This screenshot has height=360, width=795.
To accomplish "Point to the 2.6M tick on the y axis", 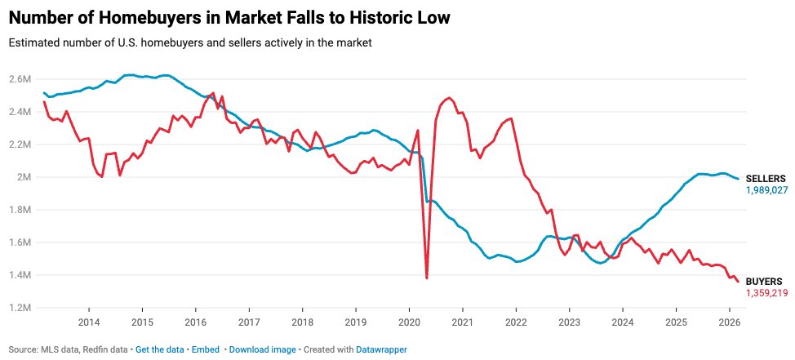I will click(20, 79).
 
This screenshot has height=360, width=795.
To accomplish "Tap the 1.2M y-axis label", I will click(20, 308).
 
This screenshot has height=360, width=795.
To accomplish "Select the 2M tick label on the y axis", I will click(24, 177).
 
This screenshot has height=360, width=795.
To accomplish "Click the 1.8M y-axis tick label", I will click(20, 210).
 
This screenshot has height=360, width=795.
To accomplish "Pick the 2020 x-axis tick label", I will click(409, 322).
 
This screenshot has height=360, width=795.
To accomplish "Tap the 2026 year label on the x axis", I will click(729, 322).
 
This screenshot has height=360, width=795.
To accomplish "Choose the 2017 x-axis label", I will click(249, 322).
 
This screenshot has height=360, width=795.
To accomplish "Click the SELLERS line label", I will click(766, 178).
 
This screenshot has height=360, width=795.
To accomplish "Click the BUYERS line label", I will click(763, 281).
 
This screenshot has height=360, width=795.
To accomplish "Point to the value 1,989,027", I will click(766, 189).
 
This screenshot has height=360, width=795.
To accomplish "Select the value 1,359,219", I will click(766, 292).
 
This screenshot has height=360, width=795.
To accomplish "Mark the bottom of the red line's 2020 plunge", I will click(427, 278).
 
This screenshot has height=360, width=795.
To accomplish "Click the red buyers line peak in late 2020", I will click(448, 98).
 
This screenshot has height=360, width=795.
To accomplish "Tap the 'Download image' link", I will click(262, 349).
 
